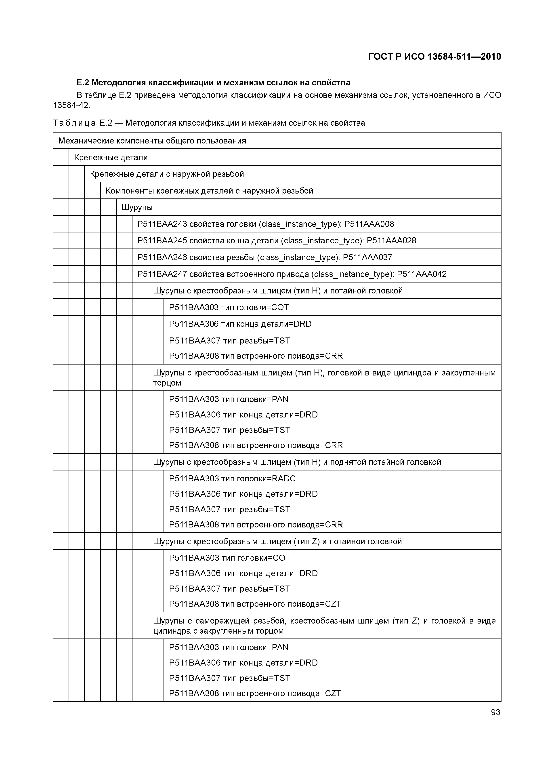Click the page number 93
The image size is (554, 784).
pyautogui.click(x=495, y=712)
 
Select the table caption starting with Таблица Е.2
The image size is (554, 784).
pyautogui.click(x=209, y=123)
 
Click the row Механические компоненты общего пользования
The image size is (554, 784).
pyautogui.click(x=152, y=141)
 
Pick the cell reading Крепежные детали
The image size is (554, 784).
pyautogui.click(x=111, y=157)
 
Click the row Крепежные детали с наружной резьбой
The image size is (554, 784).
pyautogui.click(x=167, y=174)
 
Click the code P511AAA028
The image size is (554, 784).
pyautogui.click(x=391, y=241)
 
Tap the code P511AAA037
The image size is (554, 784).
pyautogui.click(x=367, y=257)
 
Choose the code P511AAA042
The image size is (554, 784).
pyautogui.click(x=422, y=274)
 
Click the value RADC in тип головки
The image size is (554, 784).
pyautogui.click(x=283, y=479)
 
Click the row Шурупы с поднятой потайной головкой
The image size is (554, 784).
pyautogui.click(x=297, y=462)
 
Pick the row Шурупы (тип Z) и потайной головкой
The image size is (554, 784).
pyautogui.click(x=277, y=542)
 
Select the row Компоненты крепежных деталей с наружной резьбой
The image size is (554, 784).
pyautogui.click(x=209, y=191)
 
